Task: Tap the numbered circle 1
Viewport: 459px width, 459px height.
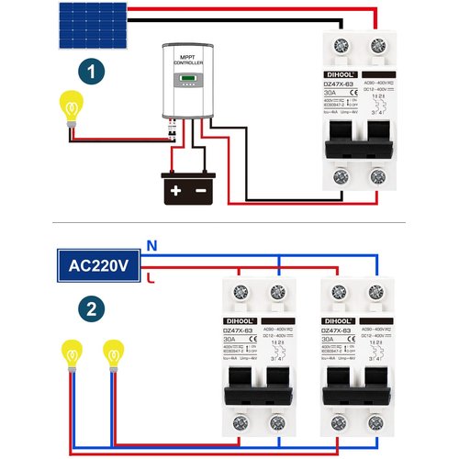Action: [x=90, y=72]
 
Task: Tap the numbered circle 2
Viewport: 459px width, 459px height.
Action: [x=90, y=310]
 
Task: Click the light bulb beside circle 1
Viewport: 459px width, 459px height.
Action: [x=70, y=103]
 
